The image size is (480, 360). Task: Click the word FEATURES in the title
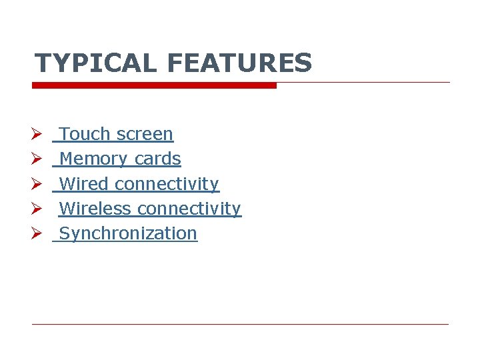[239, 63]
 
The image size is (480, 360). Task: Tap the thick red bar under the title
[154, 85]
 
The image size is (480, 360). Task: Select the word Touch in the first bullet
[85, 134]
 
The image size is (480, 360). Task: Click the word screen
[144, 134]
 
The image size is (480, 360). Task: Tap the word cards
[157, 159]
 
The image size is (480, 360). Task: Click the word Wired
[84, 183]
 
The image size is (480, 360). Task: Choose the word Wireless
[95, 209]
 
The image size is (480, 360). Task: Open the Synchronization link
[128, 233]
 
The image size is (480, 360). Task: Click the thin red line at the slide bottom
[240, 324]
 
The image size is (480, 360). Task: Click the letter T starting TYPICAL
[42, 63]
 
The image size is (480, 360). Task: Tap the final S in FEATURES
[303, 63]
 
